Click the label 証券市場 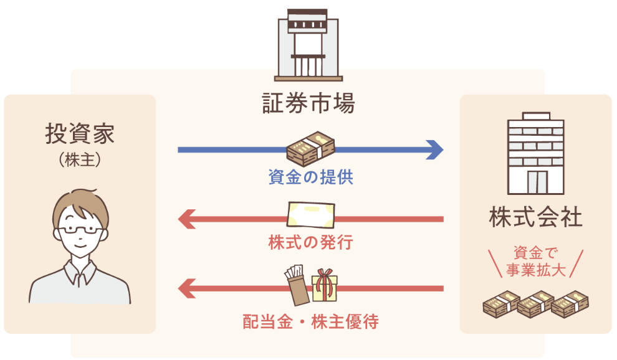308,103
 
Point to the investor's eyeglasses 79,229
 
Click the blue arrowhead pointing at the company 434,149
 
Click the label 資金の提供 310,178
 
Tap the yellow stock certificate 310,215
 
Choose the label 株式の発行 310,242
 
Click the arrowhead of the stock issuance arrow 186,219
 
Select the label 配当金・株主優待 310,322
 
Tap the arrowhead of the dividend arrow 186,289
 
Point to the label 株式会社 535,218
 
